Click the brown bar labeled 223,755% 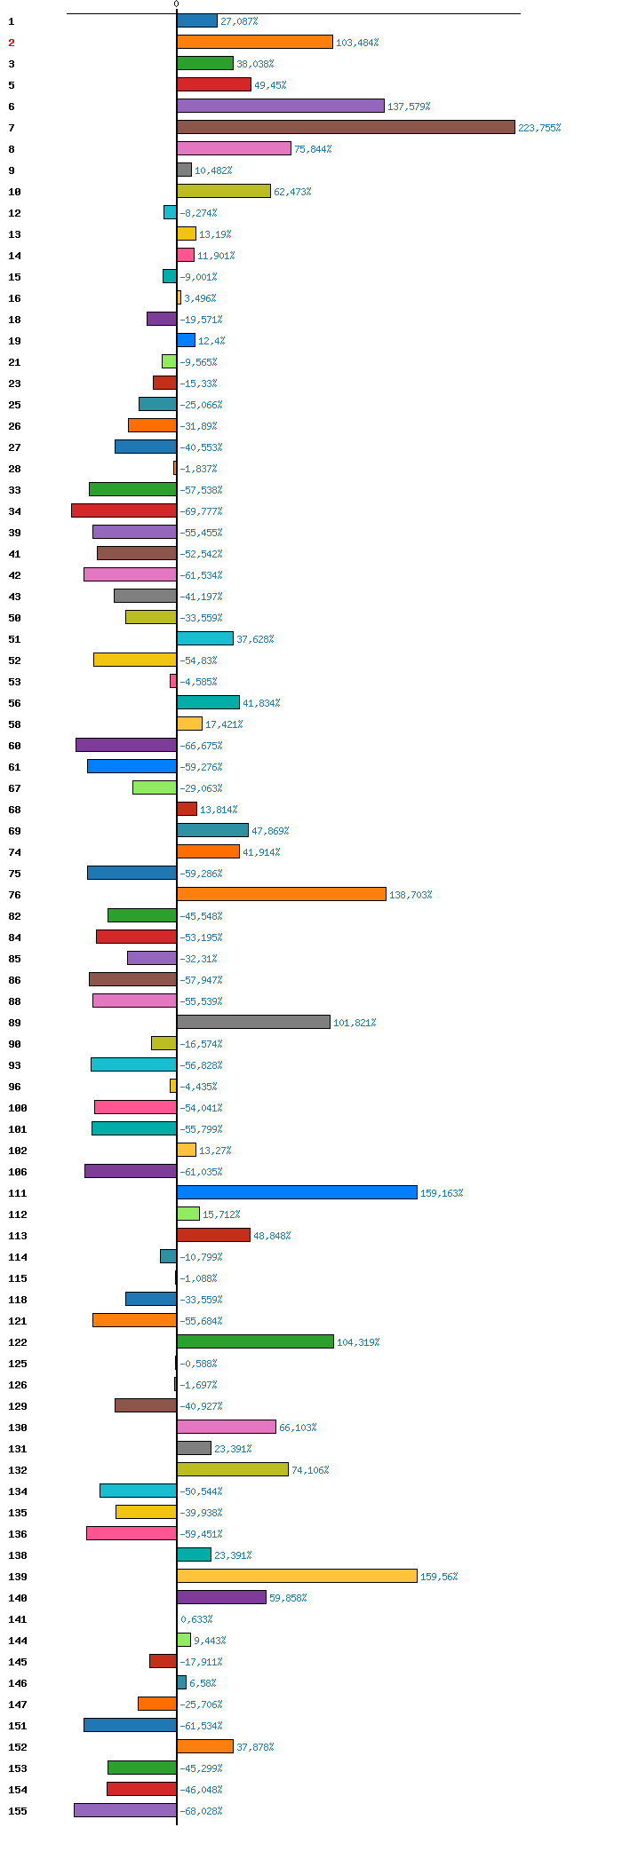click(x=346, y=127)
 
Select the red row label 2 click(x=12, y=43)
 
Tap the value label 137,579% click(x=409, y=107)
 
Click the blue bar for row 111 click(x=297, y=1192)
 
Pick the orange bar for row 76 click(x=282, y=894)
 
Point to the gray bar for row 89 click(x=253, y=1022)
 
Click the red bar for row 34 click(x=124, y=510)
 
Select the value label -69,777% click(x=201, y=511)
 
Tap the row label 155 click(x=17, y=1811)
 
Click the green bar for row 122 click(x=255, y=1341)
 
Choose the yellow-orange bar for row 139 click(x=297, y=1576)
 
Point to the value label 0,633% click(x=196, y=1619)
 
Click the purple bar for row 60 click(x=126, y=745)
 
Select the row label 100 click(x=17, y=1108)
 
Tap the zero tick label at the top click(x=176, y=4)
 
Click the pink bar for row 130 click(x=227, y=1427)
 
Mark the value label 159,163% click(x=442, y=1193)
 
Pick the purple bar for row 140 click(x=221, y=1597)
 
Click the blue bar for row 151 click(x=130, y=1725)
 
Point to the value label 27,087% click(x=239, y=21)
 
